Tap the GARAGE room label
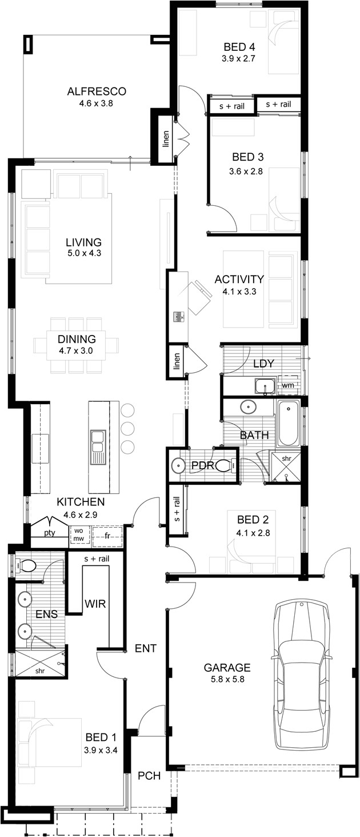(x=227, y=667)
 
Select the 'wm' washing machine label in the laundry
(x=287, y=386)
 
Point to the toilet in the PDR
(x=227, y=466)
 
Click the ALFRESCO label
(x=96, y=91)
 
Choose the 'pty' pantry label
(x=50, y=533)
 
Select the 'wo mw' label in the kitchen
(x=78, y=535)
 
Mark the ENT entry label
(x=146, y=648)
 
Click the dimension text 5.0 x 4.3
(x=83, y=253)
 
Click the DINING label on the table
(x=76, y=339)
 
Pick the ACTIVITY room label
(x=239, y=280)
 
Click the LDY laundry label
(x=263, y=363)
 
